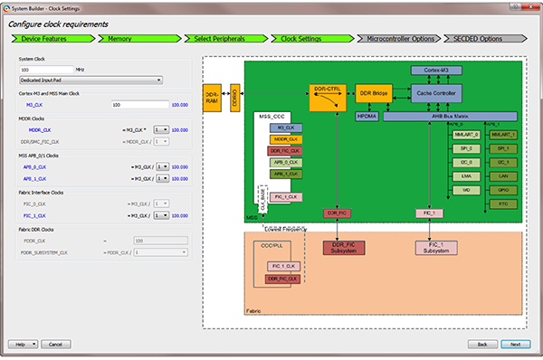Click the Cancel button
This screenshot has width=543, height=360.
[x=55, y=345]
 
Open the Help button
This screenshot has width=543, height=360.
[x=22, y=345]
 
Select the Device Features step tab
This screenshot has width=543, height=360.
[x=43, y=40]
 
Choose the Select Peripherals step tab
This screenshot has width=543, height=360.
[x=217, y=40]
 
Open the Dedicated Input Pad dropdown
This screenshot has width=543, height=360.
[x=90, y=80]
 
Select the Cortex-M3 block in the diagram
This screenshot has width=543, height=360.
[x=437, y=70]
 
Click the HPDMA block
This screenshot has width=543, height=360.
[x=367, y=117]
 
